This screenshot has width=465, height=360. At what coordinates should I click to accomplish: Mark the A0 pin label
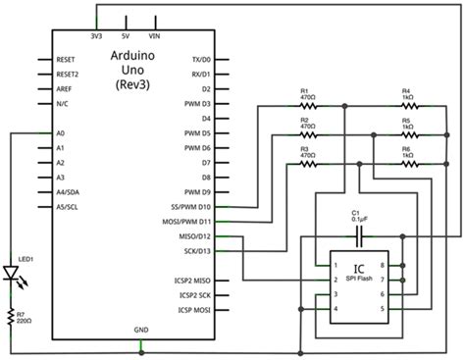61,133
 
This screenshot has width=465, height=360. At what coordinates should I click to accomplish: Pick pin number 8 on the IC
395,266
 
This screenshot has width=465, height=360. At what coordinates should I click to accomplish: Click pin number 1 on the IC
336,266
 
